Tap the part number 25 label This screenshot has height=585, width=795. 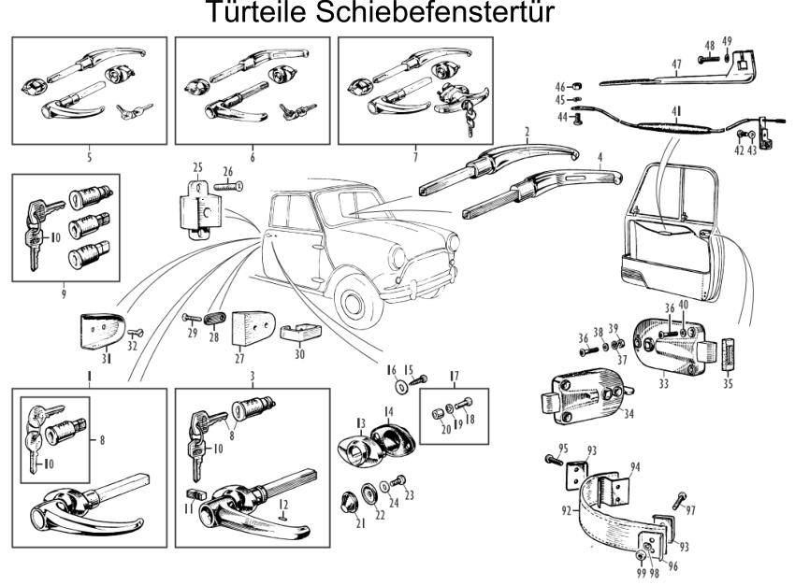[198, 167]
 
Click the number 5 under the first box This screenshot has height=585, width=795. [90, 158]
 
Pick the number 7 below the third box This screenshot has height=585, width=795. [253, 158]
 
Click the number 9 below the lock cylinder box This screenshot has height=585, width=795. [415, 158]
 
